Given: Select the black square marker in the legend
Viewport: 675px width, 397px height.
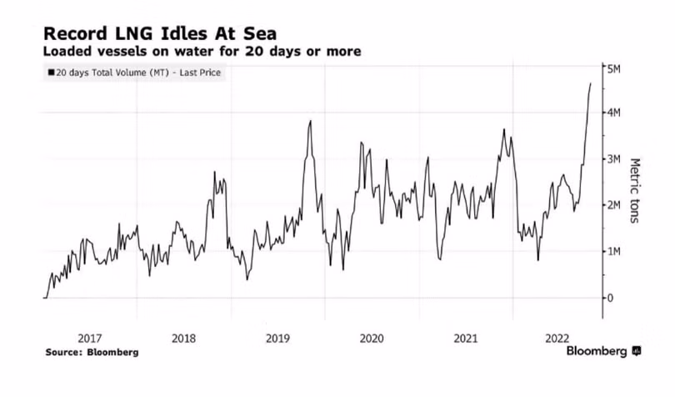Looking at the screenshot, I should click(52, 73).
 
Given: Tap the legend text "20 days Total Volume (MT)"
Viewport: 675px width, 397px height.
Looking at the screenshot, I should click(104, 73).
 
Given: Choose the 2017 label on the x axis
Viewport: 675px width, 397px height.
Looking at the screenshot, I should click(89, 338).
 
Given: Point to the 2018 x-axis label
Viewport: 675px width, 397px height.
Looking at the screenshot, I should click(182, 338).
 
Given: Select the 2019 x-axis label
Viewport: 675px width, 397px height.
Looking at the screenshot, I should click(277, 338).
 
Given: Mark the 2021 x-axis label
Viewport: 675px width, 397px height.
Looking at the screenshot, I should click(464, 338).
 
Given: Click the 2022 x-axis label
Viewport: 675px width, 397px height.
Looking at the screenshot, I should click(557, 338).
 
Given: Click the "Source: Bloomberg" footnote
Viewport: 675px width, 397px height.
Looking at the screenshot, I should click(92, 352).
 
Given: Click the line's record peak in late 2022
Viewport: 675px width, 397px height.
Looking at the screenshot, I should click(591, 83).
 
